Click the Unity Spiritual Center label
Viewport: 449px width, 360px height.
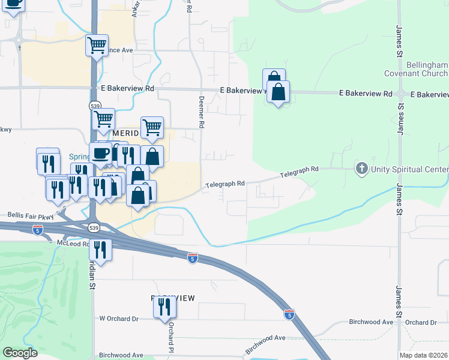(409, 169)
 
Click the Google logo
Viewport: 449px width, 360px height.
(20, 353)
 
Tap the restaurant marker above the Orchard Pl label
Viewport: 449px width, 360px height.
(163, 307)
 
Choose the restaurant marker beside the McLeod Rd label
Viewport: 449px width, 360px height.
(100, 250)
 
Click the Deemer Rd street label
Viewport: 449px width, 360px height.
(202, 112)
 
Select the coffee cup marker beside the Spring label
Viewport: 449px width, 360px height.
(100, 153)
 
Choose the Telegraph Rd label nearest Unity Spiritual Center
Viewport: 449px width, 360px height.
(299, 172)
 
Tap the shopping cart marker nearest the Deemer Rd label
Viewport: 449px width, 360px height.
(152, 127)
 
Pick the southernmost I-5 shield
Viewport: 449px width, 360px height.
(289, 314)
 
